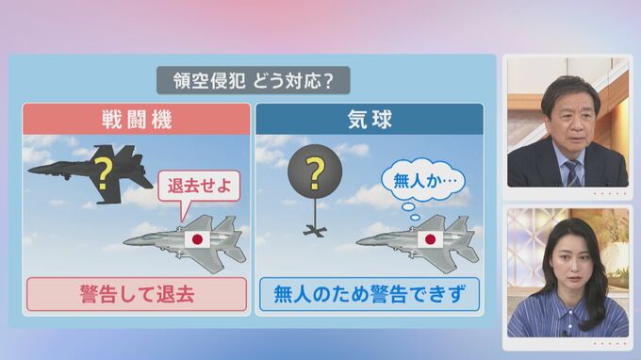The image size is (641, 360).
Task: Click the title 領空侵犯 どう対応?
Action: tap(253, 80)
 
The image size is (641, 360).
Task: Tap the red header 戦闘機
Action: tap(137, 120)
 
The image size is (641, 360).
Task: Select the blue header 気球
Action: tap(370, 120)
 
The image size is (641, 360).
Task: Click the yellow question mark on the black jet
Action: tap(103, 173)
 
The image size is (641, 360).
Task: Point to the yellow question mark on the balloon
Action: tap(315, 173)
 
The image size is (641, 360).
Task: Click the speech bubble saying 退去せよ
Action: tap(199, 186)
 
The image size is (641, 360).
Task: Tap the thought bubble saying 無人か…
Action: tap(423, 181)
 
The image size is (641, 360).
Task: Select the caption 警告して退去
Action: tap(137, 294)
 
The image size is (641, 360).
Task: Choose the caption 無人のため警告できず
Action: tap(370, 294)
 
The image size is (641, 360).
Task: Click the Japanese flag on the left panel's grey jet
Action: tap(197, 239)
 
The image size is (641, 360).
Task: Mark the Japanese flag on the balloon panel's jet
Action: tap(430, 239)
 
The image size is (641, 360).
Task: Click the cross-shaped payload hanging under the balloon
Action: tap(314, 232)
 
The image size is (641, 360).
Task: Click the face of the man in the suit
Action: tap(573, 122)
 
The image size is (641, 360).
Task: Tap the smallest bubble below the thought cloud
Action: tap(415, 218)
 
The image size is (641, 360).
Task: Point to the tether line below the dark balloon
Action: tap(315, 211)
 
